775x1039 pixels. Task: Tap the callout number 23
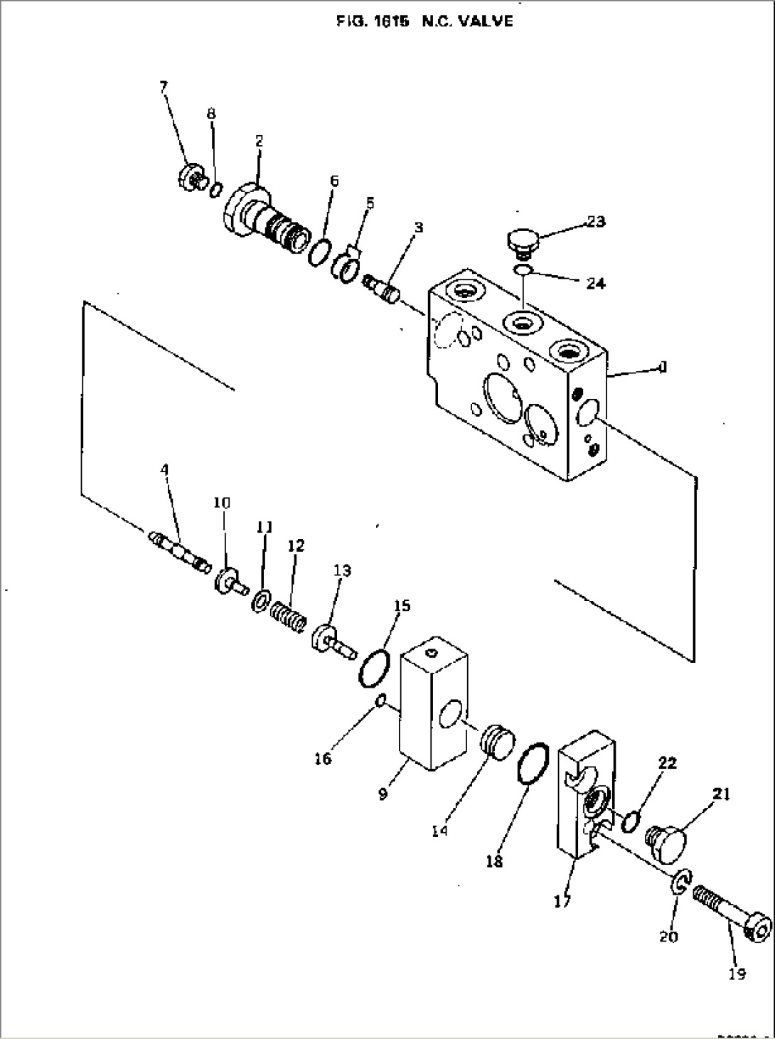tap(596, 222)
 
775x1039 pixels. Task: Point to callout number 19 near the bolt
tap(737, 974)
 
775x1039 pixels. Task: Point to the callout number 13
tap(342, 570)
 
